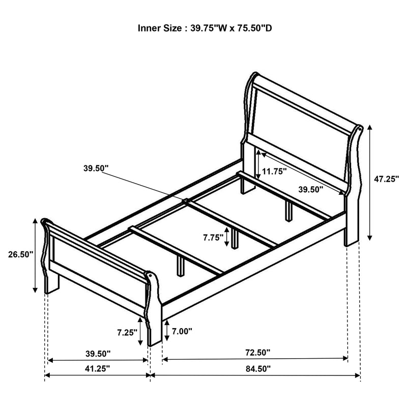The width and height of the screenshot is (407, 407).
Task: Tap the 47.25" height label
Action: tap(386, 179)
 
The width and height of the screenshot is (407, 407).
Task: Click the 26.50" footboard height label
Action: tap(20, 254)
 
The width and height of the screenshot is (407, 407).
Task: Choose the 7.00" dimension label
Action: tap(182, 331)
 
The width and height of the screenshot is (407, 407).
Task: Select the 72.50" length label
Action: tap(257, 352)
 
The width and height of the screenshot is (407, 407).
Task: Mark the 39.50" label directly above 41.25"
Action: tap(97, 352)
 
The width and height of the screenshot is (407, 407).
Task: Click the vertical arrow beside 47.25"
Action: tap(370, 183)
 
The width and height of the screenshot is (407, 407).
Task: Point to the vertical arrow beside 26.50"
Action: tap(35, 255)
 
